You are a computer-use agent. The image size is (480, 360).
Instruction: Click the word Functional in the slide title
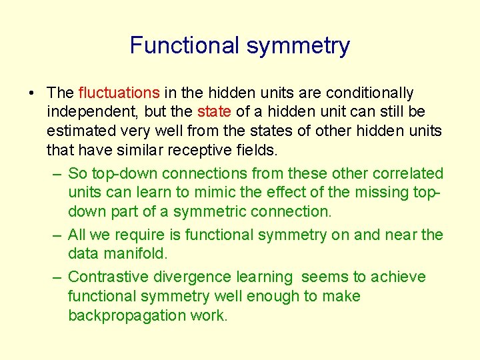pyautogui.click(x=185, y=45)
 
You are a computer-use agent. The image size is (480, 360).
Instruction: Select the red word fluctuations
pyautogui.click(x=119, y=93)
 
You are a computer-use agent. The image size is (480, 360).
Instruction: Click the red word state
pyautogui.click(x=214, y=111)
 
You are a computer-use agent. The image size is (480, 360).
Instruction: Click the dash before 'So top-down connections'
pyautogui.click(x=57, y=174)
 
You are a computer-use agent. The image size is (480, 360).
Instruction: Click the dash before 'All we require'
pyautogui.click(x=57, y=235)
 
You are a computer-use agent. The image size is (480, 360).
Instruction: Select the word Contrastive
pyautogui.click(x=111, y=277)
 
